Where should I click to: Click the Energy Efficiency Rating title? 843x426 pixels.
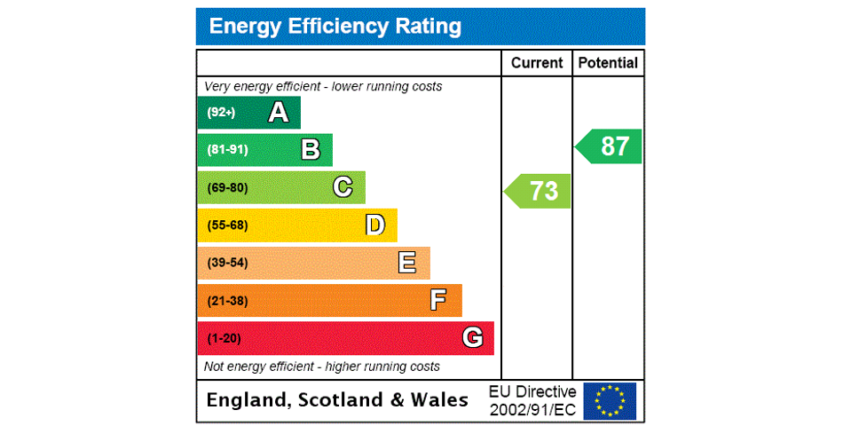coord(335,27)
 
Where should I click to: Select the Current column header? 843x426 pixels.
coord(537,63)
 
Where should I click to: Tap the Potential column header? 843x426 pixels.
coord(608,63)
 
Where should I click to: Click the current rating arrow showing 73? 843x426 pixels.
coord(539,191)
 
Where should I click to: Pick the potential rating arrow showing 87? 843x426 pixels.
coord(610,146)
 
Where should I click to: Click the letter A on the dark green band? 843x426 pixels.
coord(279,113)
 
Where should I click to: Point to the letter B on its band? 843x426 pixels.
coord(311,150)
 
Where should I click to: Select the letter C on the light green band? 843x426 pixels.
coord(343,187)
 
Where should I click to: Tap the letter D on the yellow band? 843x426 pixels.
coord(375,225)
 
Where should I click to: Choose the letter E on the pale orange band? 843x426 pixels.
coord(407,263)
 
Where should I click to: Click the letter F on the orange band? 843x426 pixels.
coord(438,300)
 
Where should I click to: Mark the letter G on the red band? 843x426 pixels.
coord(472,337)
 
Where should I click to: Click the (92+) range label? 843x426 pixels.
coord(221,113)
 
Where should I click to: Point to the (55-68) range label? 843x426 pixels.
coord(227,225)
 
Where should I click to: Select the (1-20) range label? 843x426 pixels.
coord(224,338)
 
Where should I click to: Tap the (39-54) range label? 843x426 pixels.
coord(227,263)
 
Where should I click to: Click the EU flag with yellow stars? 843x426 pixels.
coord(610,401)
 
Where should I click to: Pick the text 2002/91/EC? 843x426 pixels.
coord(532,410)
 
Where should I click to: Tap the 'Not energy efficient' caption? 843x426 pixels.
coord(321,367)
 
